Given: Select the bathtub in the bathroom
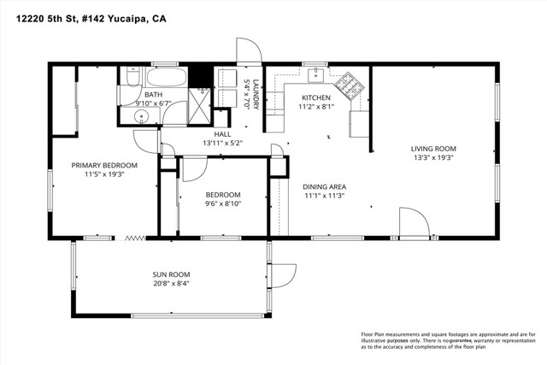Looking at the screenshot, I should (x=163, y=79).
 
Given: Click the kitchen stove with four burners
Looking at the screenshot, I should (x=348, y=84).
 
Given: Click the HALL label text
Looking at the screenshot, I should (x=222, y=134).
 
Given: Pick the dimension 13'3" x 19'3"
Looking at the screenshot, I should (x=433, y=156).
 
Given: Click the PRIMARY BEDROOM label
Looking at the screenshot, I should (x=104, y=165).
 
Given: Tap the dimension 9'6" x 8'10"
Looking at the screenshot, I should (x=222, y=203).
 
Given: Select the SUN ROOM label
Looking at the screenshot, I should (x=171, y=274).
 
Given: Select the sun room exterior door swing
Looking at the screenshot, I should (x=281, y=276).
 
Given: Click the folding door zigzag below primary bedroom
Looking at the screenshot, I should (x=133, y=238).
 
